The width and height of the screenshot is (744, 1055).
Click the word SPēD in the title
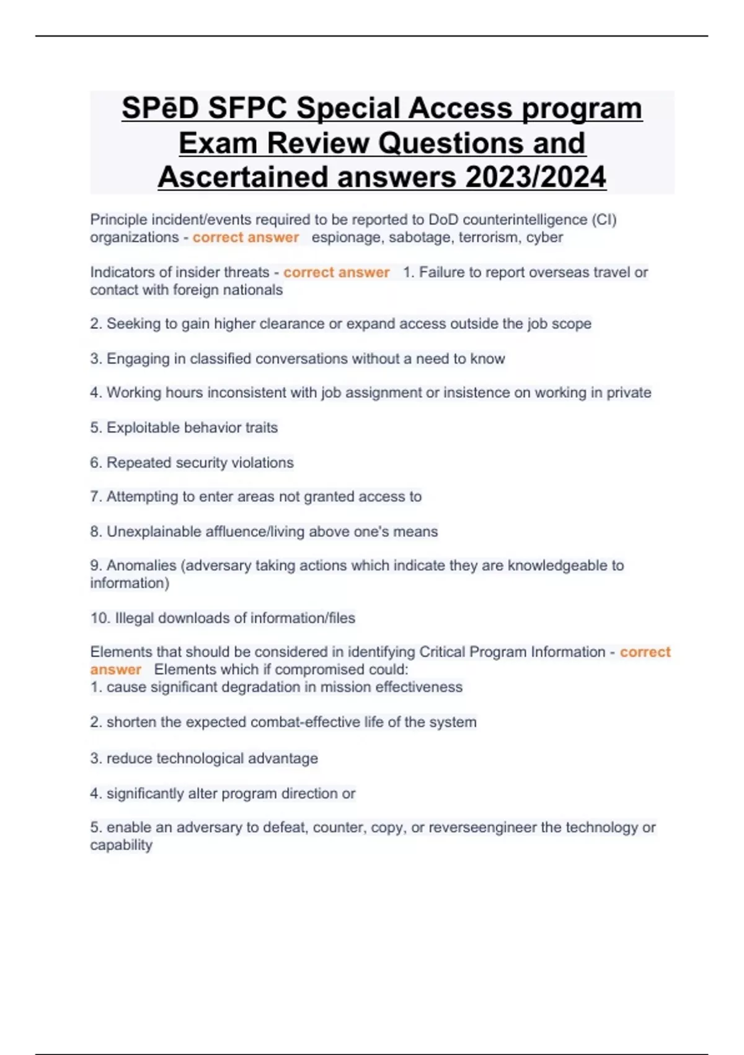point(160,108)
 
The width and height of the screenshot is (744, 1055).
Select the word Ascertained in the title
point(244,177)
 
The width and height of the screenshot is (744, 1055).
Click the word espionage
point(347,237)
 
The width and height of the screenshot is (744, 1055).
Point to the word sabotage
point(421,237)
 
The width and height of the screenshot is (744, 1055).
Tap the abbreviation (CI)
point(604,220)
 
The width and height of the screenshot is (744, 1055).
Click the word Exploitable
point(143,428)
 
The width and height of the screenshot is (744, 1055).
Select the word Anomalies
point(141,565)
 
